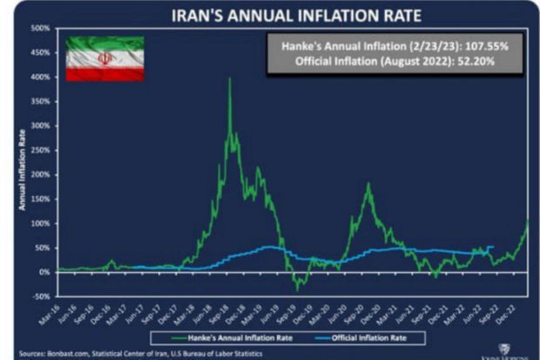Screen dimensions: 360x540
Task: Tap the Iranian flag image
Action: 105,59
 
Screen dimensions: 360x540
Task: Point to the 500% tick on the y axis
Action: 40,28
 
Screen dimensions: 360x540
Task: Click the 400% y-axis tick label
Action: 40,77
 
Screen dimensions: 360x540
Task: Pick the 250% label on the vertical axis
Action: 40,150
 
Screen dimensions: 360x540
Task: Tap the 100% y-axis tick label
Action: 40,223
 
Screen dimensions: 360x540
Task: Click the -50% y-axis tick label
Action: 41,296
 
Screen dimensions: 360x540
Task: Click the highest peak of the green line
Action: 229,79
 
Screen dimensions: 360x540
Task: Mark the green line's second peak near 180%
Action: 368,184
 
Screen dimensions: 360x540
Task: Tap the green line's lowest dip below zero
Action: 296,288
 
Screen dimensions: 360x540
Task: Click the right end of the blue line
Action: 492,247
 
